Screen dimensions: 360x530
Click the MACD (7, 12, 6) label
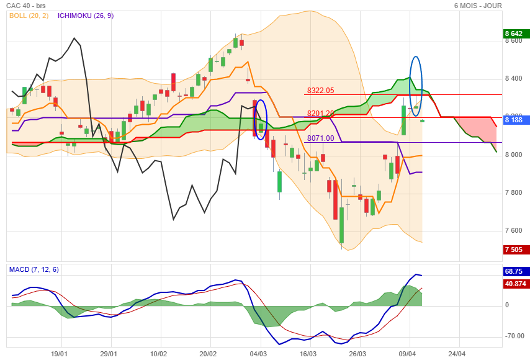(34, 269)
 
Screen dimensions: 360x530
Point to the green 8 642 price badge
(515, 34)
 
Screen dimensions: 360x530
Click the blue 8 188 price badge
(515, 120)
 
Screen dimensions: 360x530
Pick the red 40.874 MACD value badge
(515, 284)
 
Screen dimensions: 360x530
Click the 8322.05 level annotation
(320, 91)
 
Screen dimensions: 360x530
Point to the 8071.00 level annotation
(320, 138)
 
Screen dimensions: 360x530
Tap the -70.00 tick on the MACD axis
(514, 336)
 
